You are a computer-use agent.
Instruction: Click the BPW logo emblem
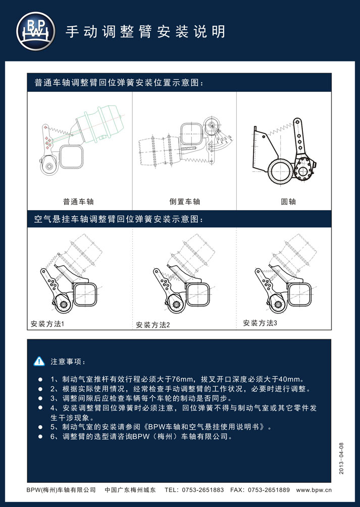(35, 31)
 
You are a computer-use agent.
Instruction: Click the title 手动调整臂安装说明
(145, 32)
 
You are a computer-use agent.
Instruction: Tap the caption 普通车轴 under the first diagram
(78, 202)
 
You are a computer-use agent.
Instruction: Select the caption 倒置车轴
(185, 202)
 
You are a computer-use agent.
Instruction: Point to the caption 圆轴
(288, 202)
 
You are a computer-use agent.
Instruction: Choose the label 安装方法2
(153, 325)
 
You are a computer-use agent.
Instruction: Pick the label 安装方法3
(260, 323)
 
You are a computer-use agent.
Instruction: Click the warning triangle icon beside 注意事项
(39, 361)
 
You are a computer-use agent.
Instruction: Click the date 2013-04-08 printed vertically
(342, 458)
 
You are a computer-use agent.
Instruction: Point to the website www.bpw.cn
(314, 490)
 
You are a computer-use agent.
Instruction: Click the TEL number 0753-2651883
(203, 490)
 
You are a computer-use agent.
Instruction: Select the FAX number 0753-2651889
(269, 490)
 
